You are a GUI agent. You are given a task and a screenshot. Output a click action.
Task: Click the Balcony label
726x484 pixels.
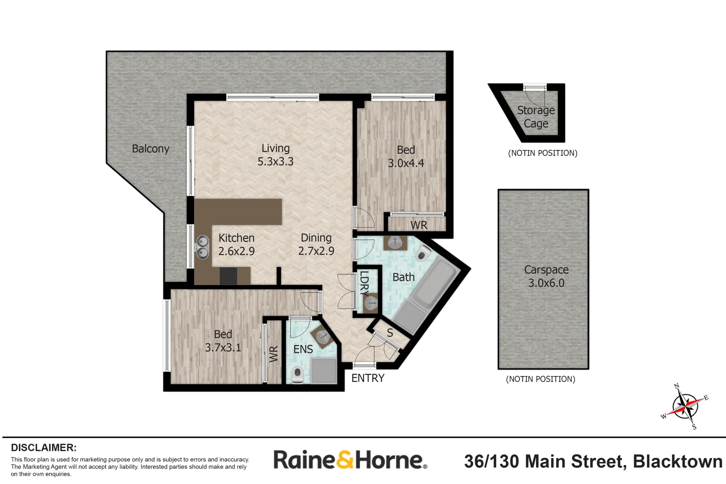(x=151, y=149)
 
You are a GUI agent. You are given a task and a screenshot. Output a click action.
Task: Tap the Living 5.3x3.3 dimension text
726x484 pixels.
(x=275, y=162)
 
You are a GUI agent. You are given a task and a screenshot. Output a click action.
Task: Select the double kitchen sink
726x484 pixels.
(x=203, y=247)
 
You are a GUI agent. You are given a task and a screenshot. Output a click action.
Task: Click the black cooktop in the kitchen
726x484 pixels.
(x=228, y=276)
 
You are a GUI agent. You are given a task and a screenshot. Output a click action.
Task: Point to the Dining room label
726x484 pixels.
(x=316, y=238)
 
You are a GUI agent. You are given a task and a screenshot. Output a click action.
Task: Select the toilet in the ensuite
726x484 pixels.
(x=297, y=374)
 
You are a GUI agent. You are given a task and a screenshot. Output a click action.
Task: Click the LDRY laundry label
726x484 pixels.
(x=364, y=283)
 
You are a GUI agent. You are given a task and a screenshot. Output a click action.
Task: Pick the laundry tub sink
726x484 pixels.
(x=371, y=303)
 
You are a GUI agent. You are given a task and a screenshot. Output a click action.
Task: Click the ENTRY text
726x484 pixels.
(x=368, y=378)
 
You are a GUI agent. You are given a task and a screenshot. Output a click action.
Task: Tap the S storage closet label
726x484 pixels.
(x=390, y=333)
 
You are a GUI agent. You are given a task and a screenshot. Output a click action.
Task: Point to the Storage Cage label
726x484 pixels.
(x=536, y=117)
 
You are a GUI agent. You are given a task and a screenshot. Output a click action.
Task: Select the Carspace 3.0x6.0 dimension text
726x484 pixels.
(x=546, y=283)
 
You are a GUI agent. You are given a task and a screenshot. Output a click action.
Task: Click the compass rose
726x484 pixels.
(x=685, y=406)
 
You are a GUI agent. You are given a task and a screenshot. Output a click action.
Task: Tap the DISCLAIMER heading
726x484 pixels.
(x=43, y=448)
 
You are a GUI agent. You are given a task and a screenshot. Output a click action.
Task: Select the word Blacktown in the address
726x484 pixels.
(x=677, y=462)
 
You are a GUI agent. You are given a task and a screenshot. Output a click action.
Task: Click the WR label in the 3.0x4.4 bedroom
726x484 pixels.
(x=419, y=225)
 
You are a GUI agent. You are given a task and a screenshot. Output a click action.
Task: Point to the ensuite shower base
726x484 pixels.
(x=324, y=371)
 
